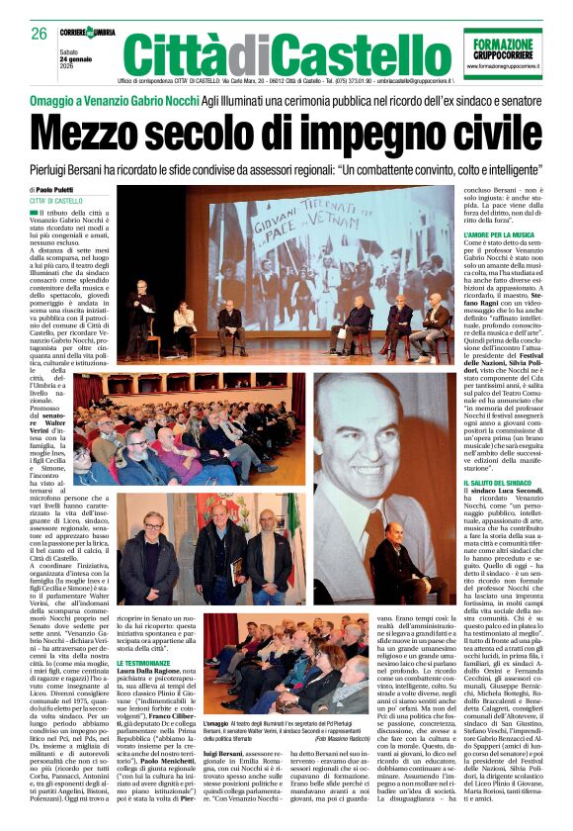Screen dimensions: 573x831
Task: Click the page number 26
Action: point(39,34)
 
